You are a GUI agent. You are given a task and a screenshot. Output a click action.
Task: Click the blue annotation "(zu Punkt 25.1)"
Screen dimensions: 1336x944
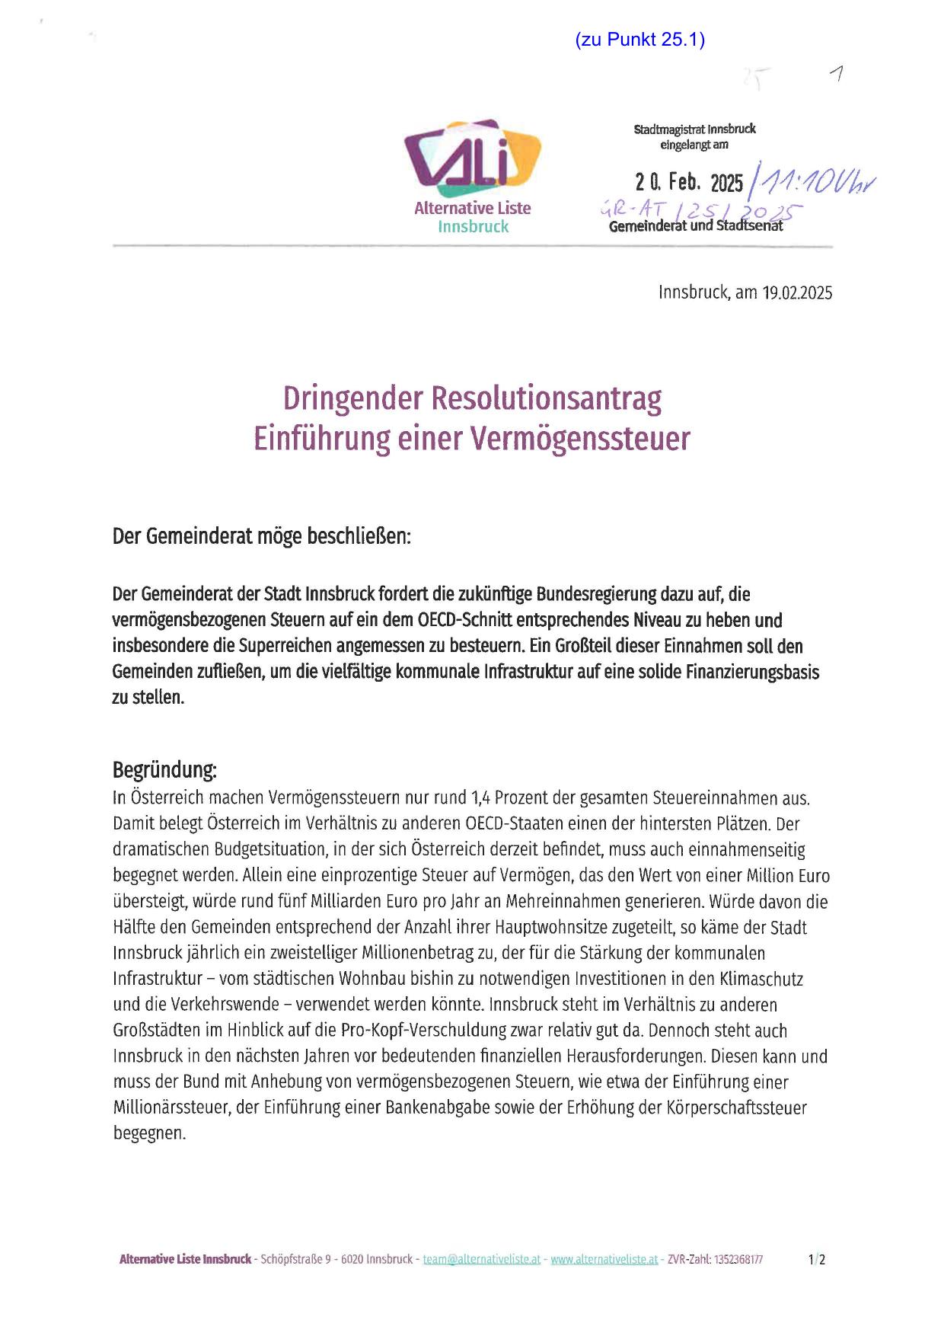(640, 40)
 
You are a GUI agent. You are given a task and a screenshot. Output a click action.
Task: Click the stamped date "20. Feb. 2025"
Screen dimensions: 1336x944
(689, 183)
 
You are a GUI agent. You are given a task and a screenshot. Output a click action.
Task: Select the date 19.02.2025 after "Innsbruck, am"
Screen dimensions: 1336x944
(797, 292)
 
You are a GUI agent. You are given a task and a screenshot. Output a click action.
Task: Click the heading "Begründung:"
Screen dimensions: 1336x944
(164, 769)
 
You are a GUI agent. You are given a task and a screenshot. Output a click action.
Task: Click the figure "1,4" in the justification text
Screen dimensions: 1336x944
(482, 798)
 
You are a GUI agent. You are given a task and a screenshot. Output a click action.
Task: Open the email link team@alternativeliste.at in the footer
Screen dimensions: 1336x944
(481, 1259)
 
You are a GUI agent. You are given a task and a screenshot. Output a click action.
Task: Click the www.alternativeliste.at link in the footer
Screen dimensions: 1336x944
(604, 1259)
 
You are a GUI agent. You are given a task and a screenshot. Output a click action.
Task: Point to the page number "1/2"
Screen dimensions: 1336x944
(817, 1259)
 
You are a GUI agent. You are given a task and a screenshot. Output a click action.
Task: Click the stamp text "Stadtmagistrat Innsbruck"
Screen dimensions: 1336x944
(694, 129)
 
